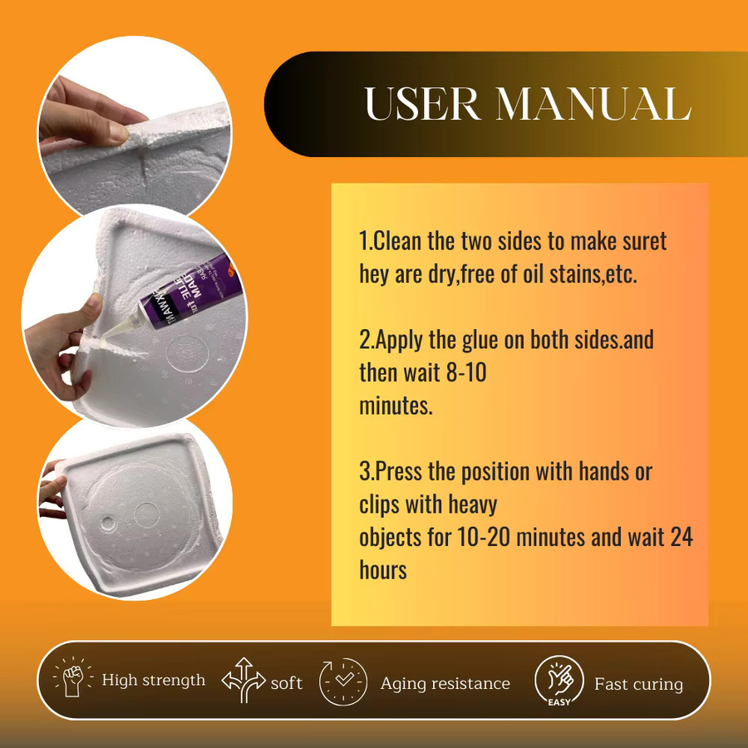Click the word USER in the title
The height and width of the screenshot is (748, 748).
click(422, 104)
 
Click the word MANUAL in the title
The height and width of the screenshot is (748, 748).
click(593, 104)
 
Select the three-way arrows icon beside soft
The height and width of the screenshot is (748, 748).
click(244, 680)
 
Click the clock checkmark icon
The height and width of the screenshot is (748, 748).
click(343, 682)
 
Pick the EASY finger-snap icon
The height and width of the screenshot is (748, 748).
click(559, 681)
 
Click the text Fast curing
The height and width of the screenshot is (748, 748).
click(639, 685)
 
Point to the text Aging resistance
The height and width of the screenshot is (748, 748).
click(445, 684)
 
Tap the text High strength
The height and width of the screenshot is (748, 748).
click(154, 680)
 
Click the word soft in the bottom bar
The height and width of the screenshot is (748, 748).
click(286, 683)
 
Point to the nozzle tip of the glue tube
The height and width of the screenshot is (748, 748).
click(104, 336)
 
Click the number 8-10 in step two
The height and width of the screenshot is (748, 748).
click(465, 372)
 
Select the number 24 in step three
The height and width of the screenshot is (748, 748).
click(682, 537)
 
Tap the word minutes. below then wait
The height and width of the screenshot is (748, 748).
click(396, 406)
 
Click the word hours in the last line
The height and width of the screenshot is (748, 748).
click(383, 569)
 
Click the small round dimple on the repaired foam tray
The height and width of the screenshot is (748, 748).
click(108, 524)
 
